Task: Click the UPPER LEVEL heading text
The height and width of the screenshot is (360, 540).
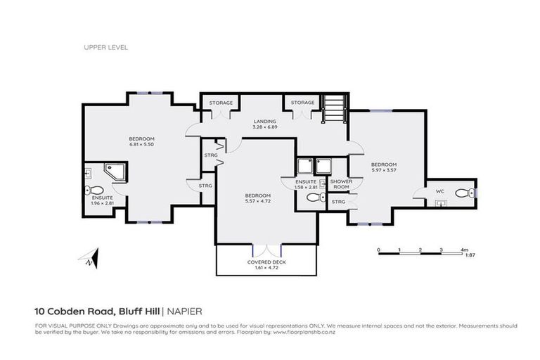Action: click(105, 48)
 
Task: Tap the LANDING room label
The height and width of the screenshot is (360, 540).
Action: click(265, 122)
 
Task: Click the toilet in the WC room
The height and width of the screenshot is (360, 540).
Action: click(463, 193)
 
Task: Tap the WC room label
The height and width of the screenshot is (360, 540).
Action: click(439, 191)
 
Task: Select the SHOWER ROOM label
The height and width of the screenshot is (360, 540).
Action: click(341, 184)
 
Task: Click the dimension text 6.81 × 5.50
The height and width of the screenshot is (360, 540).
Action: click(141, 144)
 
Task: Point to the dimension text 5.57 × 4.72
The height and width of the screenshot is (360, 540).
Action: click(258, 200)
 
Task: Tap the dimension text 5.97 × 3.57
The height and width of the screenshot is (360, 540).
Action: click(384, 170)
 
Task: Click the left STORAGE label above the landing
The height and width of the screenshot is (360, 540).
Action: click(221, 103)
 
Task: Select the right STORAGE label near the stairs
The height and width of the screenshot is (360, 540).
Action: click(303, 103)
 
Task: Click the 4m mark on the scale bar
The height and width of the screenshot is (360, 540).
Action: click(463, 250)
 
